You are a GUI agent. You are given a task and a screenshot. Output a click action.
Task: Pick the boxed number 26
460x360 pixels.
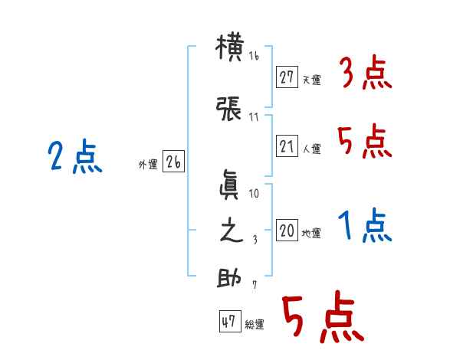pyautogui.click(x=173, y=162)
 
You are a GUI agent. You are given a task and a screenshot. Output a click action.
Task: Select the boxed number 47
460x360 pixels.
pyautogui.click(x=228, y=322)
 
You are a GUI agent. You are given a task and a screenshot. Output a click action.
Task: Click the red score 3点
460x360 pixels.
pyautogui.click(x=365, y=73)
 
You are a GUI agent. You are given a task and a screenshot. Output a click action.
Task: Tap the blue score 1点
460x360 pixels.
pyautogui.click(x=365, y=227)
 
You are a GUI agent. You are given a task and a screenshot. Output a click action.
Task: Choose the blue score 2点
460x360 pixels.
pyautogui.click(x=74, y=158)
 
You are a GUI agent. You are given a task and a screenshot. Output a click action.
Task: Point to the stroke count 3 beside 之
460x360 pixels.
pyautogui.click(x=255, y=240)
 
